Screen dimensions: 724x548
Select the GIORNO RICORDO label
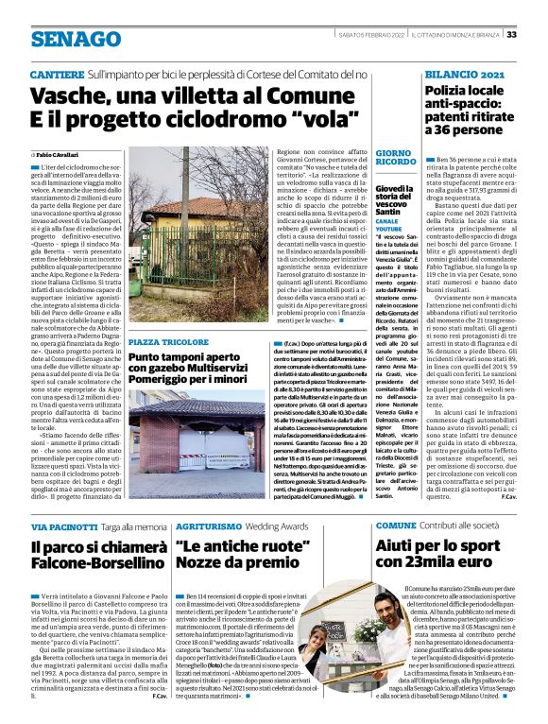[394, 158]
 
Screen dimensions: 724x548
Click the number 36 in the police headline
[436, 128]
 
